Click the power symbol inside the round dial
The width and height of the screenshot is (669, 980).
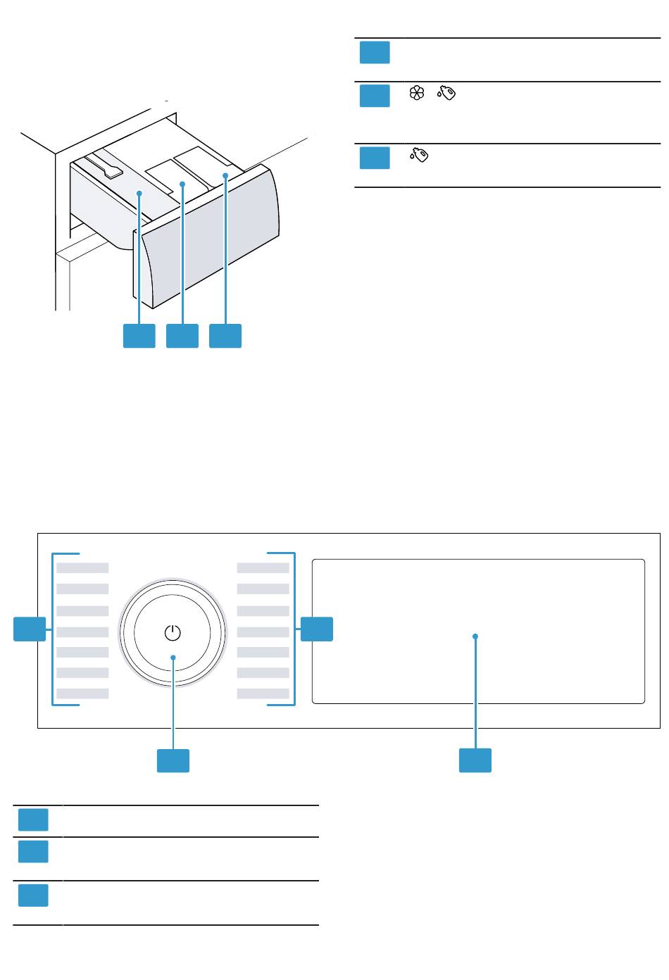[x=173, y=632]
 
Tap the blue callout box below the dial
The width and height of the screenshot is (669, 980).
[x=173, y=760]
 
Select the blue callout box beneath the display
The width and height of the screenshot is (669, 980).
[x=475, y=760]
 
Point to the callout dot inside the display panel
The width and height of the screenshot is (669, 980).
[x=475, y=636]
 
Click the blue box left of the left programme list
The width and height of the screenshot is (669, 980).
[x=30, y=629]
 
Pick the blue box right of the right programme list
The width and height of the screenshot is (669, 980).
[x=317, y=629]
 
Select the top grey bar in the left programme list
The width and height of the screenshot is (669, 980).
[x=82, y=567]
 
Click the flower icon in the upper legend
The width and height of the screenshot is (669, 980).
[x=417, y=93]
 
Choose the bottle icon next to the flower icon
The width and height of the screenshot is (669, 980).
[x=446, y=93]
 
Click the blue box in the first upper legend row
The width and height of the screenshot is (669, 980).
[x=375, y=53]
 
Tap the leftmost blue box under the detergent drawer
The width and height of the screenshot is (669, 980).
[x=139, y=336]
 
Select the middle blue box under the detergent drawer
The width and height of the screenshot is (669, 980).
[x=182, y=336]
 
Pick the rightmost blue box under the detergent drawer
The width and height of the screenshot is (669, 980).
[x=225, y=336]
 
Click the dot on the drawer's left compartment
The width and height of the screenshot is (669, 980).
[x=139, y=192]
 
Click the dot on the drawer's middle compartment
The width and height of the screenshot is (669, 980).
[x=182, y=184]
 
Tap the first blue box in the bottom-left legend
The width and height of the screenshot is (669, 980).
[x=33, y=819]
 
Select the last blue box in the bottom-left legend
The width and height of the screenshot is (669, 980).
[x=33, y=896]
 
